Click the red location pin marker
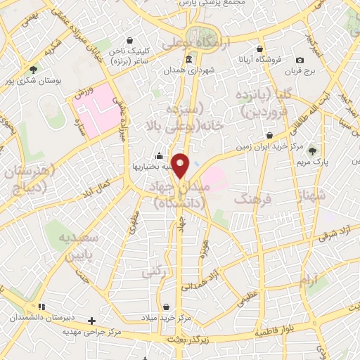181,165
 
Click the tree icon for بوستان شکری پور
33,69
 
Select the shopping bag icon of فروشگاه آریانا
261,49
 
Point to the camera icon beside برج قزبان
300,60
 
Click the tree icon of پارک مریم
312,150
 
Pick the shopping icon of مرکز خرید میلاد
166,307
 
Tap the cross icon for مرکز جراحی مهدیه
91,321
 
